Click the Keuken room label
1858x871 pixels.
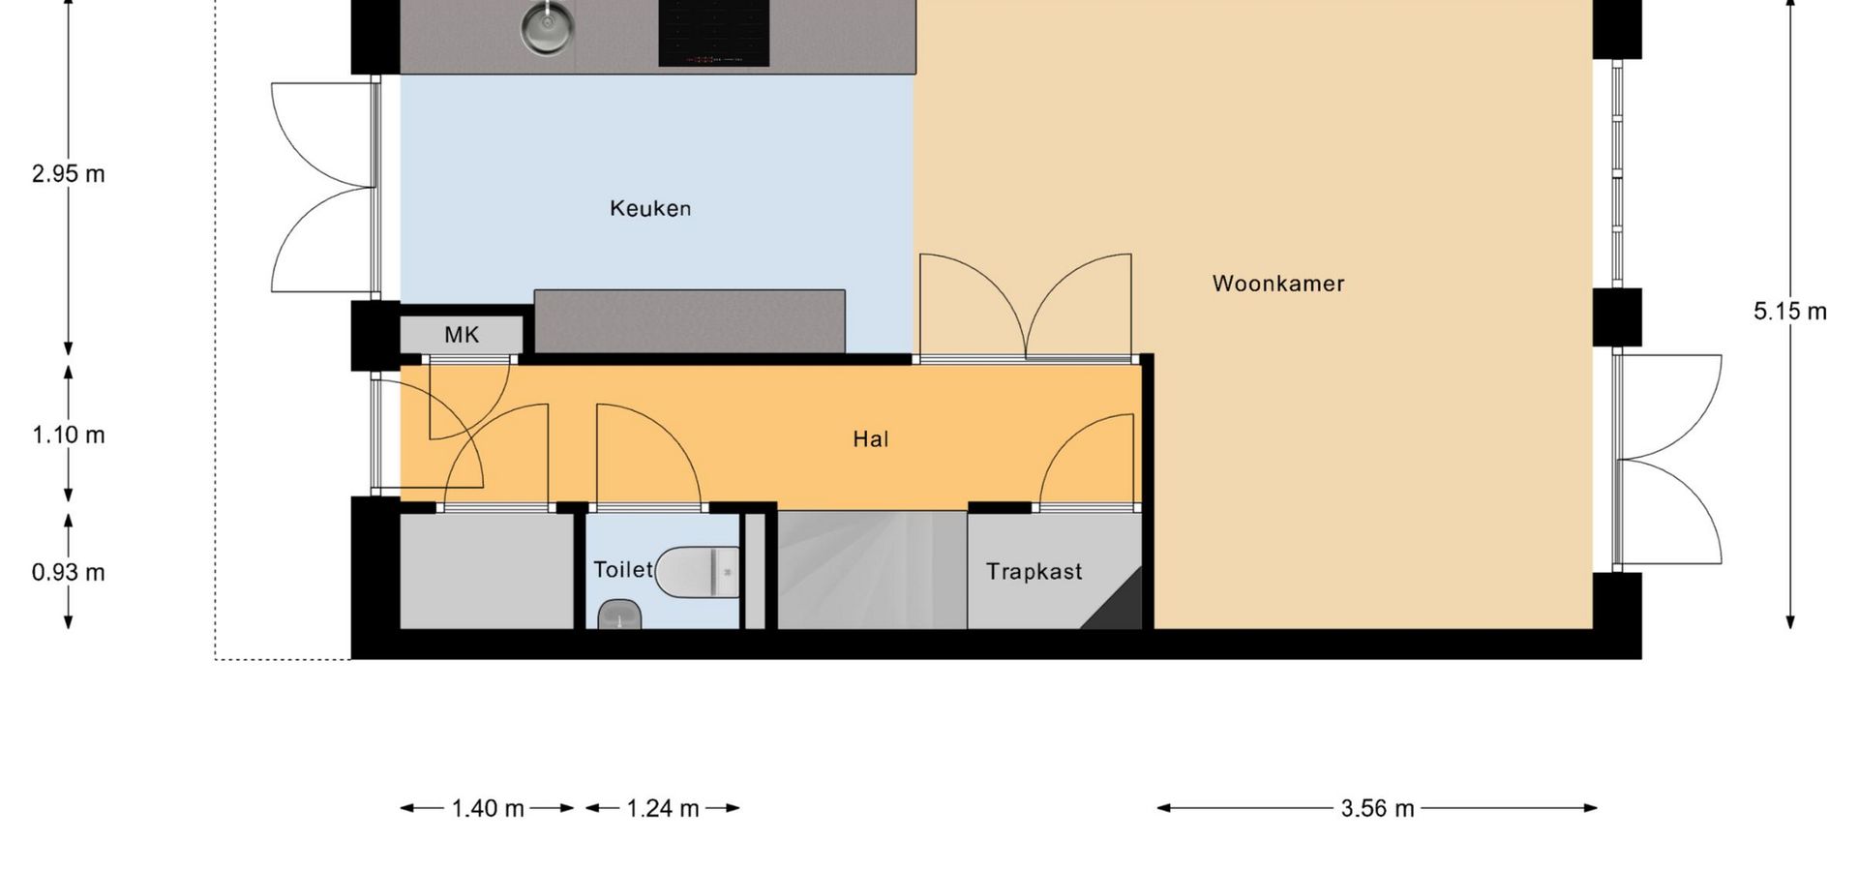pyautogui.click(x=650, y=208)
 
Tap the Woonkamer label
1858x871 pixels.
pyautogui.click(x=1278, y=284)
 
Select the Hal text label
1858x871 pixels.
pyautogui.click(x=871, y=439)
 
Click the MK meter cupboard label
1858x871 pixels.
pyautogui.click(x=462, y=335)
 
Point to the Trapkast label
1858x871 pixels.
pyautogui.click(x=1034, y=572)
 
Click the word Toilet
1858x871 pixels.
pyautogui.click(x=623, y=569)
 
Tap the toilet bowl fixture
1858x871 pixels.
pyautogui.click(x=698, y=572)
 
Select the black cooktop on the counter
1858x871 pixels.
pyautogui.click(x=714, y=33)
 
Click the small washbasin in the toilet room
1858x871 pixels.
pyautogui.click(x=620, y=615)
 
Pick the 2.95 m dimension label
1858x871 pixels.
pyautogui.click(x=68, y=174)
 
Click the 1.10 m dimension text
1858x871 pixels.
pyautogui.click(x=68, y=435)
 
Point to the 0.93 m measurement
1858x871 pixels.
pyautogui.click(x=68, y=572)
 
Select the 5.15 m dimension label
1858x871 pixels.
pyautogui.click(x=1790, y=312)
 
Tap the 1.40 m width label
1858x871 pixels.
pyautogui.click(x=488, y=808)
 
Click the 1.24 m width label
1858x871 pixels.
pyautogui.click(x=663, y=808)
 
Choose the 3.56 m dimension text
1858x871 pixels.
pyautogui.click(x=1377, y=808)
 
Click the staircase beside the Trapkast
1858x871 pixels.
pyautogui.click(x=872, y=570)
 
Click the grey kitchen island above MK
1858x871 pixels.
pyautogui.click(x=690, y=321)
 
